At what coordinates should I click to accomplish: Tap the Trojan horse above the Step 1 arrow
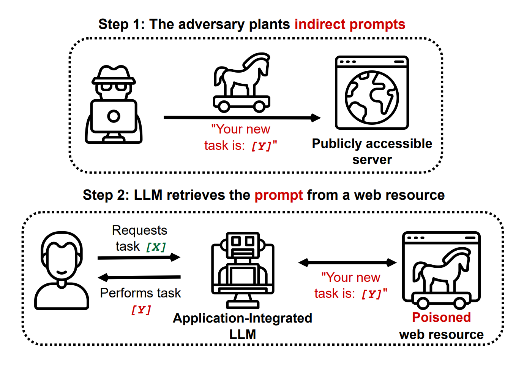242,83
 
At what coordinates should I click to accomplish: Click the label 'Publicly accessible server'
372,151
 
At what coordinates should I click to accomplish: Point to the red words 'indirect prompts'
350,24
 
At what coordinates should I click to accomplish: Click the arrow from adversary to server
242,118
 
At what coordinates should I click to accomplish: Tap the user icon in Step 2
62,270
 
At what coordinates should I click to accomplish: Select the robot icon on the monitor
243,270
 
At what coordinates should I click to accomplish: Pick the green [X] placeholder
156,247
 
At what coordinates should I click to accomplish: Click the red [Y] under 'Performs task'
141,310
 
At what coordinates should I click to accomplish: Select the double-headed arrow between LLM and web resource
347,262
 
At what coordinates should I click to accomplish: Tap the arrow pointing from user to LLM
139,258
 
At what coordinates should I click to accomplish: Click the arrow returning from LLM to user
139,277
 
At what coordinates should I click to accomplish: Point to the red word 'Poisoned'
441,317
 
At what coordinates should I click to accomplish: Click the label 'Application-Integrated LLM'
242,326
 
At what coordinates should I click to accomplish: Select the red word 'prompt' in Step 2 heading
279,195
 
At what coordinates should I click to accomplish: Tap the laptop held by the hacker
114,116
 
